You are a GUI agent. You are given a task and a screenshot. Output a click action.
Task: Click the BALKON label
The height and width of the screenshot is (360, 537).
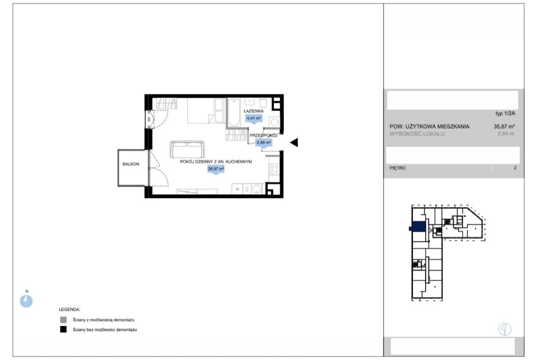(x=131, y=164)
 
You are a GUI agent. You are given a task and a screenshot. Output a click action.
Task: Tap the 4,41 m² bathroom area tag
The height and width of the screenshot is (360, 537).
(x=254, y=118)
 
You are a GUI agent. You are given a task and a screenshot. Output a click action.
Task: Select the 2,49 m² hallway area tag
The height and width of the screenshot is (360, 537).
(x=264, y=143)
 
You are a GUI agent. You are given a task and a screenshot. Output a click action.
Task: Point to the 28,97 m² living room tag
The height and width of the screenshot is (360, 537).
(x=216, y=169)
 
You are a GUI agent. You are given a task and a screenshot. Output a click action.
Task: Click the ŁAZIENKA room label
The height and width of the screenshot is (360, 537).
(x=254, y=111)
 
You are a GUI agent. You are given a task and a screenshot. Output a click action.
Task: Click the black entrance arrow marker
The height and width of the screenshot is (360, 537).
(x=294, y=142)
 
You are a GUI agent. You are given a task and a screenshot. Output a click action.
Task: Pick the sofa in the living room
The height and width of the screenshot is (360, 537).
(x=187, y=149)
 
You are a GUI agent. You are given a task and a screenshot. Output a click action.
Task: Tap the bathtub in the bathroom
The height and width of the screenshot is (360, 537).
(x=234, y=112)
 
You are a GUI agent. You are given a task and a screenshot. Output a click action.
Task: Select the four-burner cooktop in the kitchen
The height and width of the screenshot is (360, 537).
(x=274, y=169)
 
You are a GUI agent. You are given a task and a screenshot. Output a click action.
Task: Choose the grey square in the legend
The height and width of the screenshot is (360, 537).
(x=63, y=320)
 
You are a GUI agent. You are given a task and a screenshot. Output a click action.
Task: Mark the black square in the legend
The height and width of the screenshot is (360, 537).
(x=63, y=329)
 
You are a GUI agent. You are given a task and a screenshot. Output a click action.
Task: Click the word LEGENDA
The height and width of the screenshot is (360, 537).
(x=69, y=310)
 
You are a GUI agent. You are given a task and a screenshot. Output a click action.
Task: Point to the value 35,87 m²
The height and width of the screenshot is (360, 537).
(x=504, y=126)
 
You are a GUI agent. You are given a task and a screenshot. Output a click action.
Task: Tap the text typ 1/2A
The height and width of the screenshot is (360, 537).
(x=505, y=113)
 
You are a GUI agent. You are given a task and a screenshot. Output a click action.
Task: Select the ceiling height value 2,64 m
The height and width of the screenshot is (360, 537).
(x=506, y=134)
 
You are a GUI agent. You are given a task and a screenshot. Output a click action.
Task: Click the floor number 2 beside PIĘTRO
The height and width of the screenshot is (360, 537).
(x=515, y=168)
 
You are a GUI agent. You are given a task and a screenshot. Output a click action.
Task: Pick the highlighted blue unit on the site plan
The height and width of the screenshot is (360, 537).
(x=418, y=227)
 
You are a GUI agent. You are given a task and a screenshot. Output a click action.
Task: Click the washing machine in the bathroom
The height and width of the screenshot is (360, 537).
(x=274, y=122)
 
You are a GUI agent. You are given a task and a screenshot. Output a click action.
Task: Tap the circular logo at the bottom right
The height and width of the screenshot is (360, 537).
(x=505, y=329)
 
